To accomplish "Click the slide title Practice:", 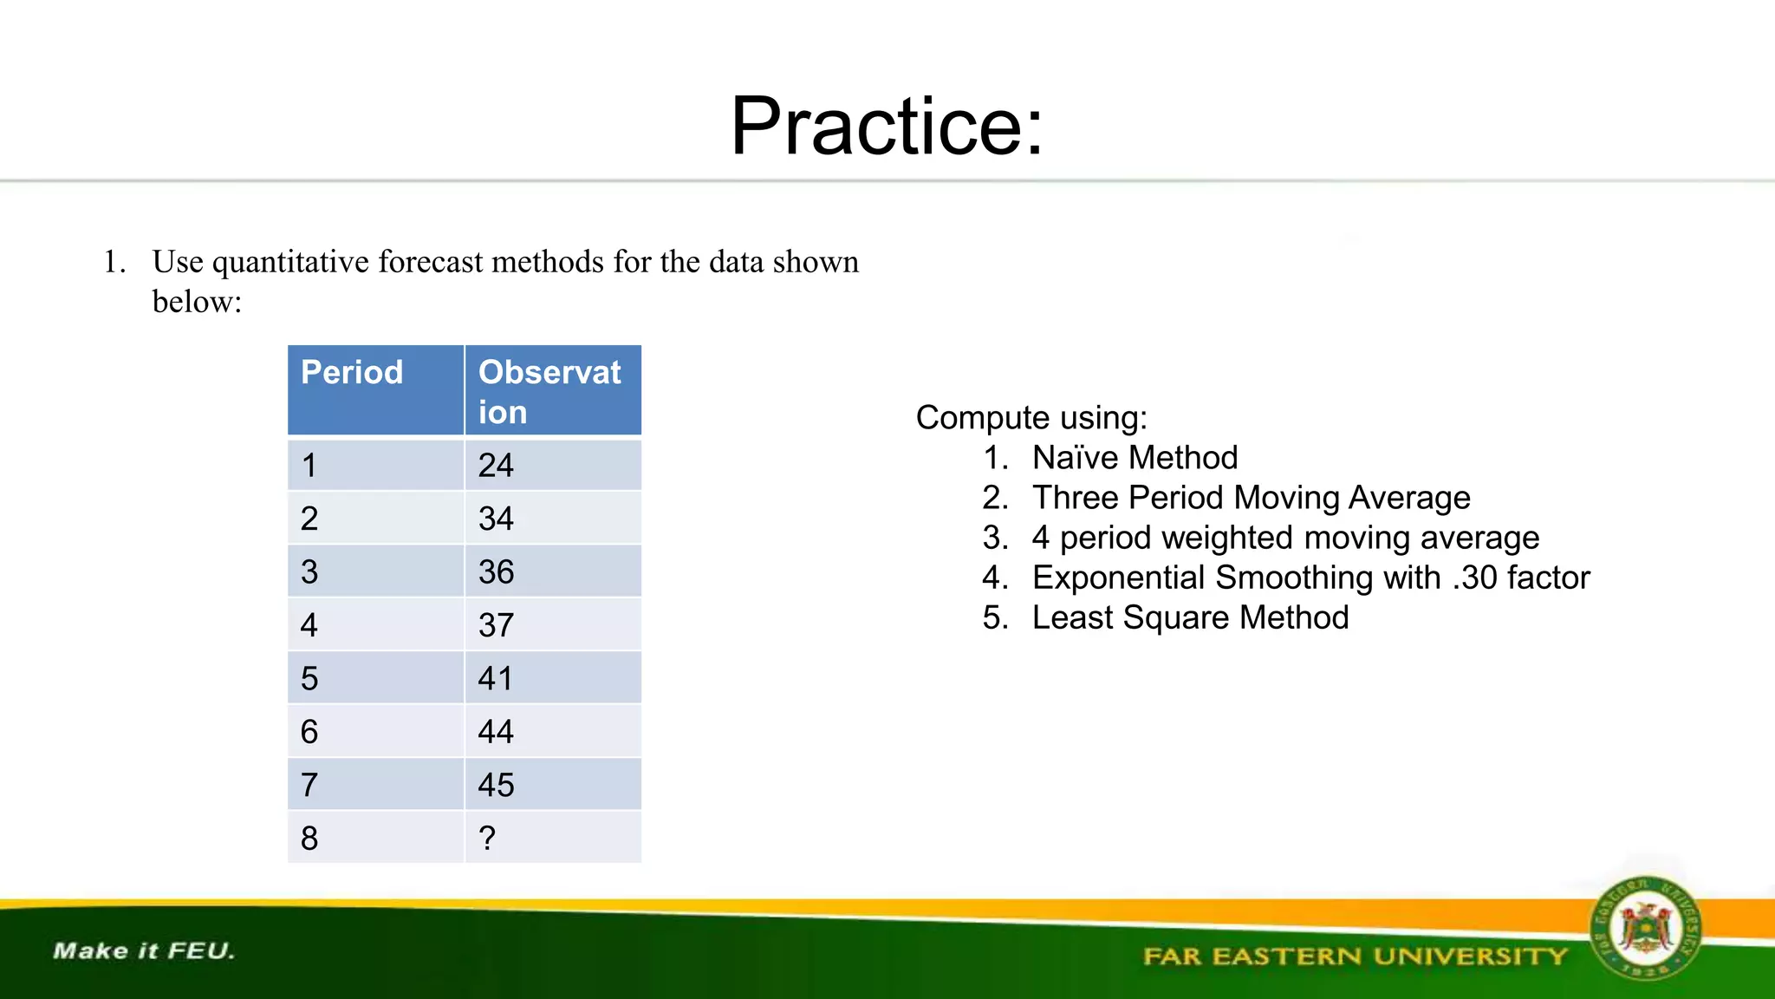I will (x=887, y=127).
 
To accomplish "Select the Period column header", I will (x=352, y=373).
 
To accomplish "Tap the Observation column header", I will (x=549, y=391).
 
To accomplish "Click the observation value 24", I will (x=496, y=466).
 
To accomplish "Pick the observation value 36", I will (x=496, y=572).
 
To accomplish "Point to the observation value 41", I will (x=496, y=679).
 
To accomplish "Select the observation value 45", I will (x=496, y=786).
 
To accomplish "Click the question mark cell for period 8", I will (x=487, y=839).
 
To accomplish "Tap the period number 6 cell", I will (x=309, y=732).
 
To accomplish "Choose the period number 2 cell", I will (x=309, y=519).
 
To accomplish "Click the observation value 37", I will (x=496, y=625).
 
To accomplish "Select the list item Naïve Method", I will (x=1135, y=458).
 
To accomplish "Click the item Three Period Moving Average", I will (x=1251, y=498).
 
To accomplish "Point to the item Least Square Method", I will (x=1190, y=617).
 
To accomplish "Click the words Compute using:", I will (x=1031, y=418).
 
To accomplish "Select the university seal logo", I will (x=1644, y=929).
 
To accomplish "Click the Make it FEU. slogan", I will (x=144, y=951).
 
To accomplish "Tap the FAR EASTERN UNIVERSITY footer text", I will (x=1356, y=957).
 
